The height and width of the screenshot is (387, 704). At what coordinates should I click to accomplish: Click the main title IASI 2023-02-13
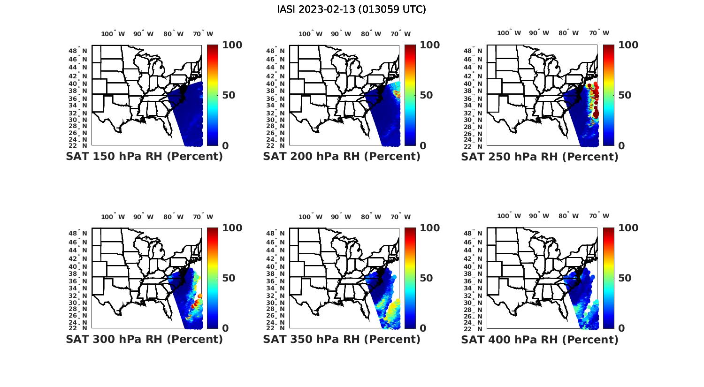(x=352, y=9)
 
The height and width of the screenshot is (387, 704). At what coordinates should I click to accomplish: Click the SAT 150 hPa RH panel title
(x=144, y=157)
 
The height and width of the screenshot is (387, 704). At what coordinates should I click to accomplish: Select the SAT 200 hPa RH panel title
(x=342, y=157)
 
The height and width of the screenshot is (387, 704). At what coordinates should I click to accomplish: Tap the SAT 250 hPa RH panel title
(x=540, y=157)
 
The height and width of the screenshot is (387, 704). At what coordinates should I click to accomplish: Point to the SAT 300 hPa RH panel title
(x=144, y=339)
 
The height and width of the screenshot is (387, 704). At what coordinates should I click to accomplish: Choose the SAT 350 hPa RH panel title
(x=342, y=339)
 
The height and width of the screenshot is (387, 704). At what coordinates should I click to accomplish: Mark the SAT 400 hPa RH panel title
(x=540, y=339)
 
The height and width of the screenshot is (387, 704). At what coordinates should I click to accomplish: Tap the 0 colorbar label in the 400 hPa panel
(x=622, y=328)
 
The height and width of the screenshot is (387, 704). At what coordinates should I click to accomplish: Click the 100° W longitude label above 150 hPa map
(x=113, y=34)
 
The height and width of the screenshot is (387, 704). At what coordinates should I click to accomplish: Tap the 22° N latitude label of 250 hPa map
(x=474, y=145)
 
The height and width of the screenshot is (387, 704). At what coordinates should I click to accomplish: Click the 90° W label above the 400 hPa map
(x=538, y=216)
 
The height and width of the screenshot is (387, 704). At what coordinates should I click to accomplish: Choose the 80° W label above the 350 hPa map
(x=371, y=217)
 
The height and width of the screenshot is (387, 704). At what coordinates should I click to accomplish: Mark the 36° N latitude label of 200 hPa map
(x=275, y=99)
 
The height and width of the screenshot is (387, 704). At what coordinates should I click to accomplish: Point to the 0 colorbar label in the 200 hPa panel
(x=423, y=146)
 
